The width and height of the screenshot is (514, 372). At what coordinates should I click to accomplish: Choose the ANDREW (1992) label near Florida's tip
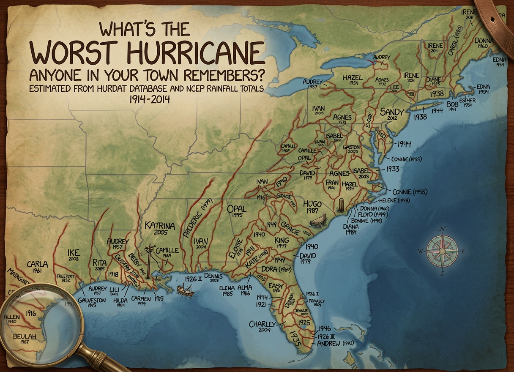334,343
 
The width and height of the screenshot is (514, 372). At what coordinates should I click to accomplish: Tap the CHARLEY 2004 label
262,326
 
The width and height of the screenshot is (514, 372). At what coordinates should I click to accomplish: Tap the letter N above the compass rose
443,230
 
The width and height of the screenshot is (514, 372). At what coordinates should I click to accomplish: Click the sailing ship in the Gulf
183,290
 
